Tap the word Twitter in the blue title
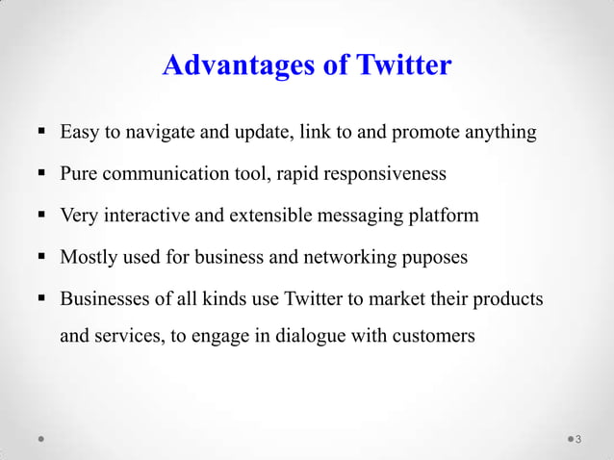[403, 65]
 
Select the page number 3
[577, 441]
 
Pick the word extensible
[273, 216]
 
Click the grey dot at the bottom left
[41, 440]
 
